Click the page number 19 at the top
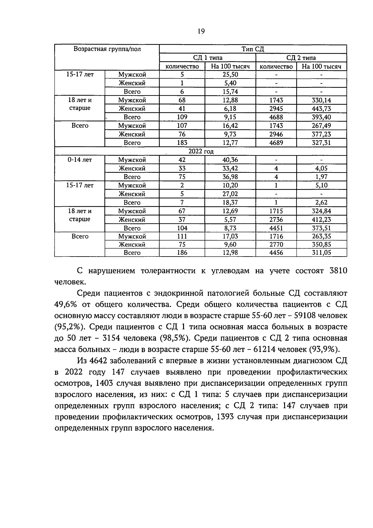click(201, 31)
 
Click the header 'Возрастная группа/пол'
click(107, 49)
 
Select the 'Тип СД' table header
click(253, 49)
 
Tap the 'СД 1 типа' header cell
click(207, 58)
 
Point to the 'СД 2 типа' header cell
click(301, 58)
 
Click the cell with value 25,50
click(230, 74)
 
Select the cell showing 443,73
click(321, 109)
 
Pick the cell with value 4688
click(276, 117)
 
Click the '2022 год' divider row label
click(201, 151)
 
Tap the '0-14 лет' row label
click(80, 160)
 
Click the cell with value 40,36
click(230, 160)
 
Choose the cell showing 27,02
click(230, 194)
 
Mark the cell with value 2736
click(276, 220)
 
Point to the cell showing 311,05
click(321, 253)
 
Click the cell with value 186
click(182, 253)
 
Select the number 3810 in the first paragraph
click(338, 271)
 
